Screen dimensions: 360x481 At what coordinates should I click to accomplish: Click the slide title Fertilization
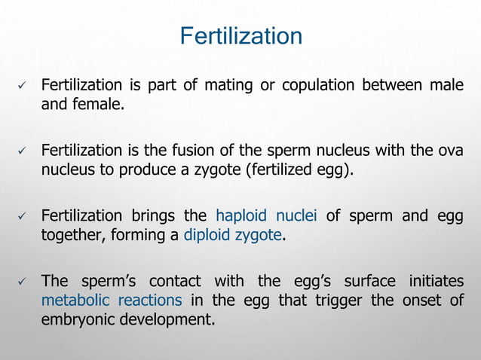click(240, 36)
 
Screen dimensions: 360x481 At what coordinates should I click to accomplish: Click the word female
click(94, 104)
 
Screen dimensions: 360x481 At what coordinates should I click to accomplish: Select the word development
click(168, 320)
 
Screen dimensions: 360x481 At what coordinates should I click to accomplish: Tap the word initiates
click(436, 281)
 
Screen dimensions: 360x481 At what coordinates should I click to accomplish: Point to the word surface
click(372, 281)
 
